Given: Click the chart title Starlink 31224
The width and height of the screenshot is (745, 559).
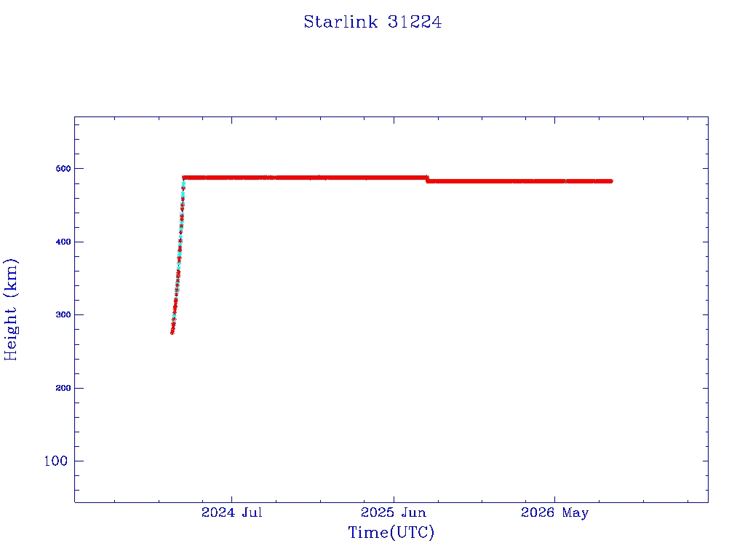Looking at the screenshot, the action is point(372,22).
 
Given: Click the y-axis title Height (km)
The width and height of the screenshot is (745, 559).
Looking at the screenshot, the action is point(10,309).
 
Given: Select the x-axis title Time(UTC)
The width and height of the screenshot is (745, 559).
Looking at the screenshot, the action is point(391,532).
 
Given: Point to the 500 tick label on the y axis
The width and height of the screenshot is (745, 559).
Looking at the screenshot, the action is point(63,169).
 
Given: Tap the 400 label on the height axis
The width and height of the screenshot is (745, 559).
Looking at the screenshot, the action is point(63,242).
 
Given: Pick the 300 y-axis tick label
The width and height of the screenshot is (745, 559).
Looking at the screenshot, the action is point(63,314).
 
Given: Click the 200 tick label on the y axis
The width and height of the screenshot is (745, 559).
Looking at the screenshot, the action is point(63,388).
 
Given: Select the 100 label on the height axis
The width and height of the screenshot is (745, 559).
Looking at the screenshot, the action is point(56,461).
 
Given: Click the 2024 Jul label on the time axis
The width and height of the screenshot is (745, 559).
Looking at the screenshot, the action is point(232,512).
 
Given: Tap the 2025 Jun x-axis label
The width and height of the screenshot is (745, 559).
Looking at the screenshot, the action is point(394,512).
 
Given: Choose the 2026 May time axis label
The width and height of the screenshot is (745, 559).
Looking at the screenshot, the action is point(554,513).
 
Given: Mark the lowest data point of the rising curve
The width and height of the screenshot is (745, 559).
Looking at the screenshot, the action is point(172,332).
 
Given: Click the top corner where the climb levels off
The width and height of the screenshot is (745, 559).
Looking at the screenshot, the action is point(184,178).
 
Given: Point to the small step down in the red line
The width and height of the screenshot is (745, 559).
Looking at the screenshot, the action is point(427,179).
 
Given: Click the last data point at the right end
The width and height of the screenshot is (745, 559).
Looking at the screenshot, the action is point(610,181).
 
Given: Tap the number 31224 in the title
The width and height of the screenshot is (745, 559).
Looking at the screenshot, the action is point(415,22).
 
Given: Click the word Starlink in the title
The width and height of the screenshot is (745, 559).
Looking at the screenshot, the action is point(340,22).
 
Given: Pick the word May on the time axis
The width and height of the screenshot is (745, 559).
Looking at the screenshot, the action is point(575,513).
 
